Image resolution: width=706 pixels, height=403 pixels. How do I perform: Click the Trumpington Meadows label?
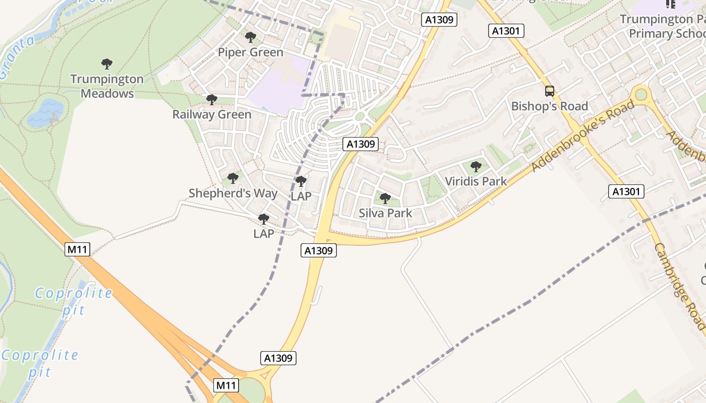pyautogui.click(x=107, y=86)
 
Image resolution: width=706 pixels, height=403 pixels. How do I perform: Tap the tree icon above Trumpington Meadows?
pyautogui.click(x=106, y=64)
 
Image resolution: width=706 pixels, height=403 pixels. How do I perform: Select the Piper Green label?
pyautogui.click(x=251, y=52)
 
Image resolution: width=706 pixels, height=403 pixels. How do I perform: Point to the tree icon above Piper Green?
pyautogui.click(x=250, y=37)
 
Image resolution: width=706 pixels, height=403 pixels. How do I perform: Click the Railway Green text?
pyautogui.click(x=212, y=114)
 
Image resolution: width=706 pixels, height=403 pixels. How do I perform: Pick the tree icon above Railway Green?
pyautogui.click(x=212, y=99)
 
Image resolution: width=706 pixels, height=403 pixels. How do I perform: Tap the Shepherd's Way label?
pyautogui.click(x=233, y=193)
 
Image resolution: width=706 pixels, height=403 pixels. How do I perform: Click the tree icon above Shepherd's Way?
pyautogui.click(x=232, y=178)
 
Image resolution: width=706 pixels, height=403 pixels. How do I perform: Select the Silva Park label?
pyautogui.click(x=385, y=213)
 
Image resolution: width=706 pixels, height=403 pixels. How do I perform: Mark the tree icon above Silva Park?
pyautogui.click(x=385, y=198)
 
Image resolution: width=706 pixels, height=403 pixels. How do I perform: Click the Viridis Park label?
pyautogui.click(x=476, y=181)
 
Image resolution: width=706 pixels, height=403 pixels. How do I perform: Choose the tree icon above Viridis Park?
pyautogui.click(x=476, y=166)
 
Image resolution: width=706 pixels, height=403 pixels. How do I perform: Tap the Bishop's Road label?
pyautogui.click(x=550, y=106)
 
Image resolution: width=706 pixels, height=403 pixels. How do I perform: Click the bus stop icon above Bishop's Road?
pyautogui.click(x=550, y=91)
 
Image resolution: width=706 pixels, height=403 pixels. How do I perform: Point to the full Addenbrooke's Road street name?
pyautogui.click(x=582, y=136)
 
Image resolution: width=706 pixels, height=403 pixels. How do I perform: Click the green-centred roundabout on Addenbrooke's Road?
pyautogui.click(x=641, y=94)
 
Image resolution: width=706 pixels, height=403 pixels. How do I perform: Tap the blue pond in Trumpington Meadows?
pyautogui.click(x=45, y=112)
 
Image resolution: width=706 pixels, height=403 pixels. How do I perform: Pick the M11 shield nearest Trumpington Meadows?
pyautogui.click(x=77, y=249)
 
